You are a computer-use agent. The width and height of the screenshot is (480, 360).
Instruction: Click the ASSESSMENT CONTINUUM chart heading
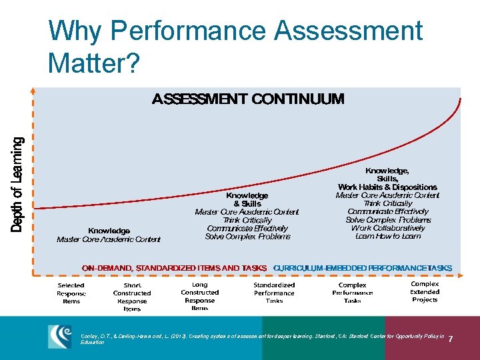point(248,100)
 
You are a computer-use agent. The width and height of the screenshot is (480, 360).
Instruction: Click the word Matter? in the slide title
point(94,63)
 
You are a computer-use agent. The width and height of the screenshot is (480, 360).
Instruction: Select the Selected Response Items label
point(71,293)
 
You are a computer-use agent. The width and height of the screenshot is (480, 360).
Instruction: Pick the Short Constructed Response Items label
point(132,297)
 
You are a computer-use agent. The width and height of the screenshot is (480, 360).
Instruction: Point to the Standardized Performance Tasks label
point(274,293)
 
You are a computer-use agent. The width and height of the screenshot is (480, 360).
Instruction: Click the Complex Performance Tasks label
point(353,293)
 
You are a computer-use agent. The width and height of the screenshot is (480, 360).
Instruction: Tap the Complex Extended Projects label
point(425,291)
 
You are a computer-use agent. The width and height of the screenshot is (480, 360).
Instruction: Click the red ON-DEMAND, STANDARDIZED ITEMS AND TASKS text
point(174,268)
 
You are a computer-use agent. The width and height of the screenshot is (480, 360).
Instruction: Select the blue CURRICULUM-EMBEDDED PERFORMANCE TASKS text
point(363,268)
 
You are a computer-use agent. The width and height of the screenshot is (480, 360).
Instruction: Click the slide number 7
point(451,340)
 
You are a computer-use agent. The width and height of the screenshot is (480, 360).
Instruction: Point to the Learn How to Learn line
point(388,236)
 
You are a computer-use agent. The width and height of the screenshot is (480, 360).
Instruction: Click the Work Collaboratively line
point(388,228)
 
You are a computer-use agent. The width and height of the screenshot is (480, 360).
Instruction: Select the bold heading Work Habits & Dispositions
point(388,187)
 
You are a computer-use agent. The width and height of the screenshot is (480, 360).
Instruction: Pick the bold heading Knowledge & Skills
point(247,199)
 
